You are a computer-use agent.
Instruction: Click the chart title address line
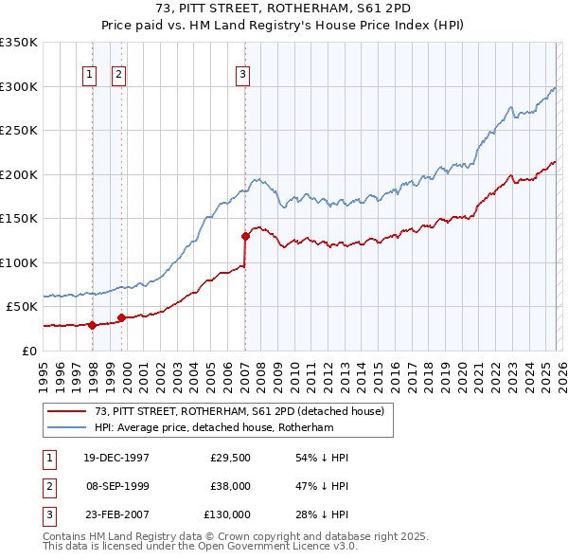[284, 9]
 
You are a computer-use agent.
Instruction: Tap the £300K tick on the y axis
[19, 86]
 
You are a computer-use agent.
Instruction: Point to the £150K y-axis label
[19, 219]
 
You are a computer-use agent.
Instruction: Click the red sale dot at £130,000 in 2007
[245, 236]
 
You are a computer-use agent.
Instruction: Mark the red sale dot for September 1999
[121, 317]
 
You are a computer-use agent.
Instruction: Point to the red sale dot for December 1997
[93, 325]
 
